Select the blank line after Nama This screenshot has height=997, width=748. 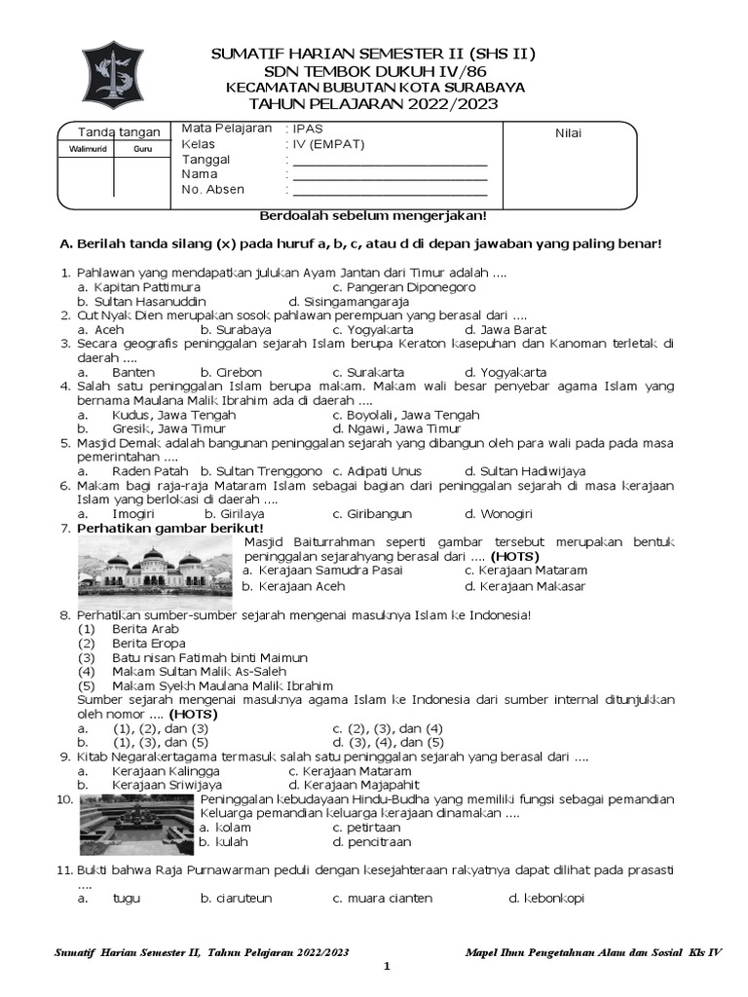[390, 174]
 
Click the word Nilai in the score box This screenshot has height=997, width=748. [568, 133]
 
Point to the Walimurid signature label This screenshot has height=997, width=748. [88, 149]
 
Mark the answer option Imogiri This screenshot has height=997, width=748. [134, 513]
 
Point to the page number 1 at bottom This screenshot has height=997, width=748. [386, 967]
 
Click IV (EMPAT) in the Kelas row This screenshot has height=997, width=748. [327, 144]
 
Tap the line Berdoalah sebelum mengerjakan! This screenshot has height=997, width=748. [373, 215]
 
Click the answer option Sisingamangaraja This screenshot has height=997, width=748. [349, 302]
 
